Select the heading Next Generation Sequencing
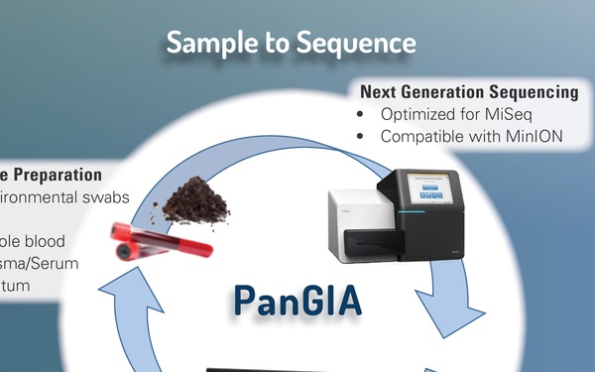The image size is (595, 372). (x=469, y=92)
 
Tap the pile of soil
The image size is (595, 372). (x=194, y=204)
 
